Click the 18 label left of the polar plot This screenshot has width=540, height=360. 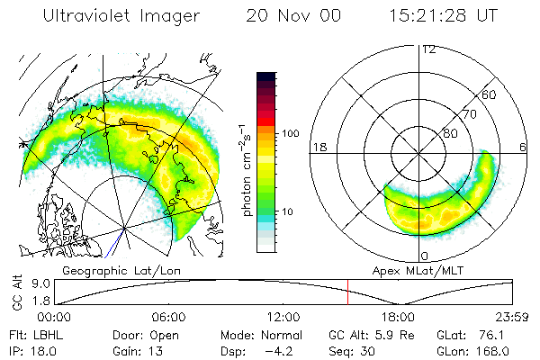pos(318,146)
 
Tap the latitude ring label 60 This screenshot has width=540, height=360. pos(490,94)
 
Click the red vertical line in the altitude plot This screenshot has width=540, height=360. pos(347,292)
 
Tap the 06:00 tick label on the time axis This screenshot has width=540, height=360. pos(169,318)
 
